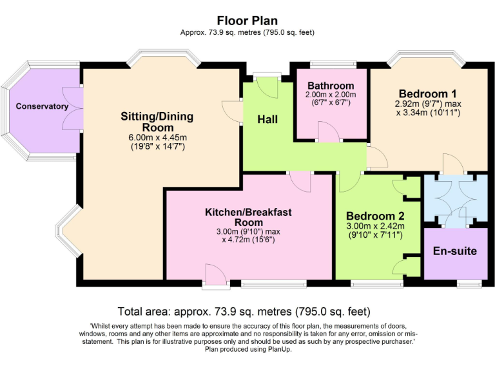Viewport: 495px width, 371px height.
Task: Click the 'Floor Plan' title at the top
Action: coord(247,21)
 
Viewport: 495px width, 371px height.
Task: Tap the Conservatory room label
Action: coord(42,106)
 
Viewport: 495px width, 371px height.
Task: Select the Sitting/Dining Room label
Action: coord(157,122)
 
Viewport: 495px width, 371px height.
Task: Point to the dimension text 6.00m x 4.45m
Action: coord(157,137)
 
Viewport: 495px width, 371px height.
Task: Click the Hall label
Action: coord(267,119)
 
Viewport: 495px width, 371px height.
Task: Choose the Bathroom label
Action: coord(331,86)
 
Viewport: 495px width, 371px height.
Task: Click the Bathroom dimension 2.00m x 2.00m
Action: coord(331,95)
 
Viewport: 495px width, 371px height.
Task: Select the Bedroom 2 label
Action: coord(375,216)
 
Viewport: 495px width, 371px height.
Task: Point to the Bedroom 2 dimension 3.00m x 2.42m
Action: coord(375,226)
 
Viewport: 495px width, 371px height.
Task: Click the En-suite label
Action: coord(455,251)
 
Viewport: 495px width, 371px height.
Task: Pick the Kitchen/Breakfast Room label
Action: coord(249,217)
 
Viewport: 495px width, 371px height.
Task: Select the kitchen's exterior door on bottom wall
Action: coord(214,274)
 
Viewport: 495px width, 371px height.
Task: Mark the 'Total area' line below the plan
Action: coord(247,309)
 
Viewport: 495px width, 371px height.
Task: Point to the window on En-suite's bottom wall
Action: coord(469,283)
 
